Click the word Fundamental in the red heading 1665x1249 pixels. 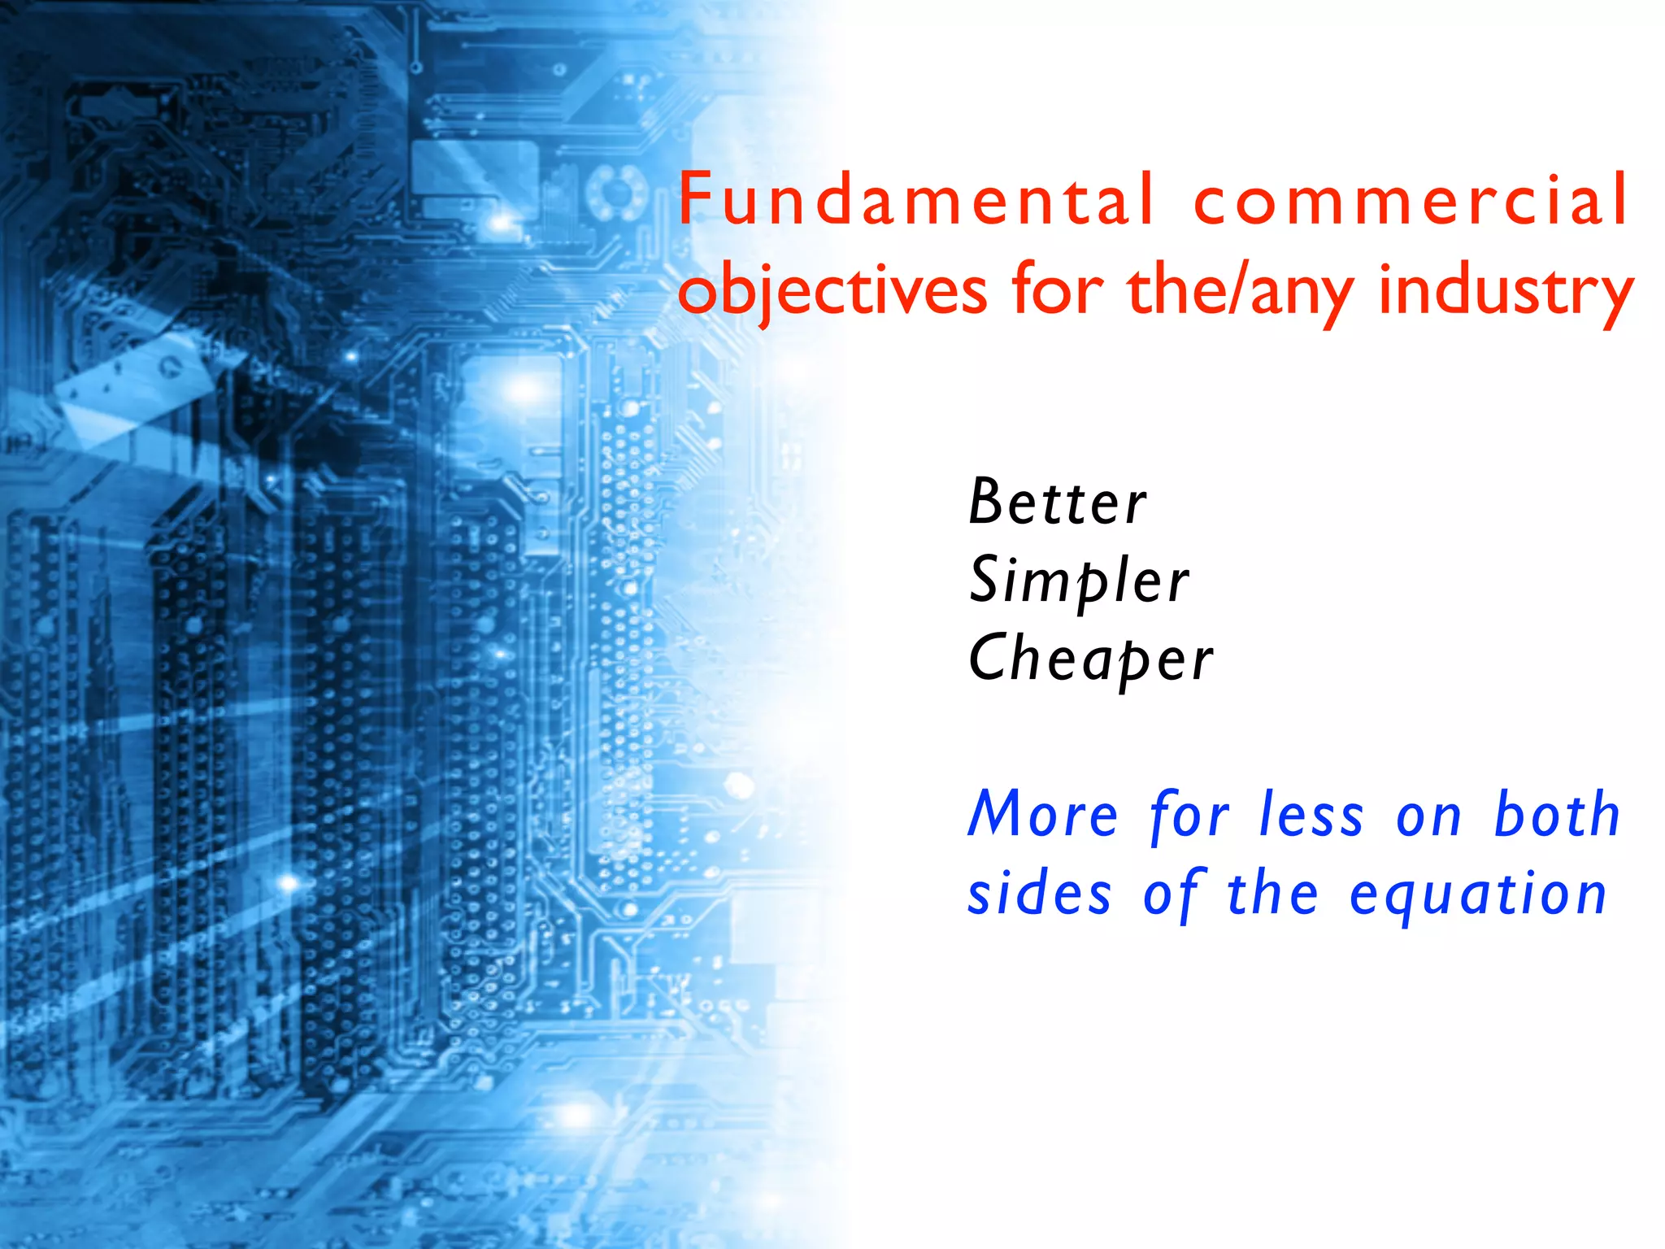point(915,199)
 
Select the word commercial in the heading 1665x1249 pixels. point(1411,199)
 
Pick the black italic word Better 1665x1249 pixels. point(1057,502)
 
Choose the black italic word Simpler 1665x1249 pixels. point(1079,580)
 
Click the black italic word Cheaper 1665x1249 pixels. point(1090,658)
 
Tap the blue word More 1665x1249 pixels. point(1043,815)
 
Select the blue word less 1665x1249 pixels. point(1311,815)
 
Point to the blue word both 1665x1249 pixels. point(1558,815)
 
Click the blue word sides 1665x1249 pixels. point(1039,894)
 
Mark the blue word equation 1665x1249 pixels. point(1477,894)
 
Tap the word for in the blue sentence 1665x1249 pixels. point(1189,815)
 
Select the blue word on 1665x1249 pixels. point(1428,816)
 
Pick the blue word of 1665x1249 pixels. point(1172,894)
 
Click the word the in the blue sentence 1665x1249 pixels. point(1272,894)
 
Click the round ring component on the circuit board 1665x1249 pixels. point(615,192)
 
